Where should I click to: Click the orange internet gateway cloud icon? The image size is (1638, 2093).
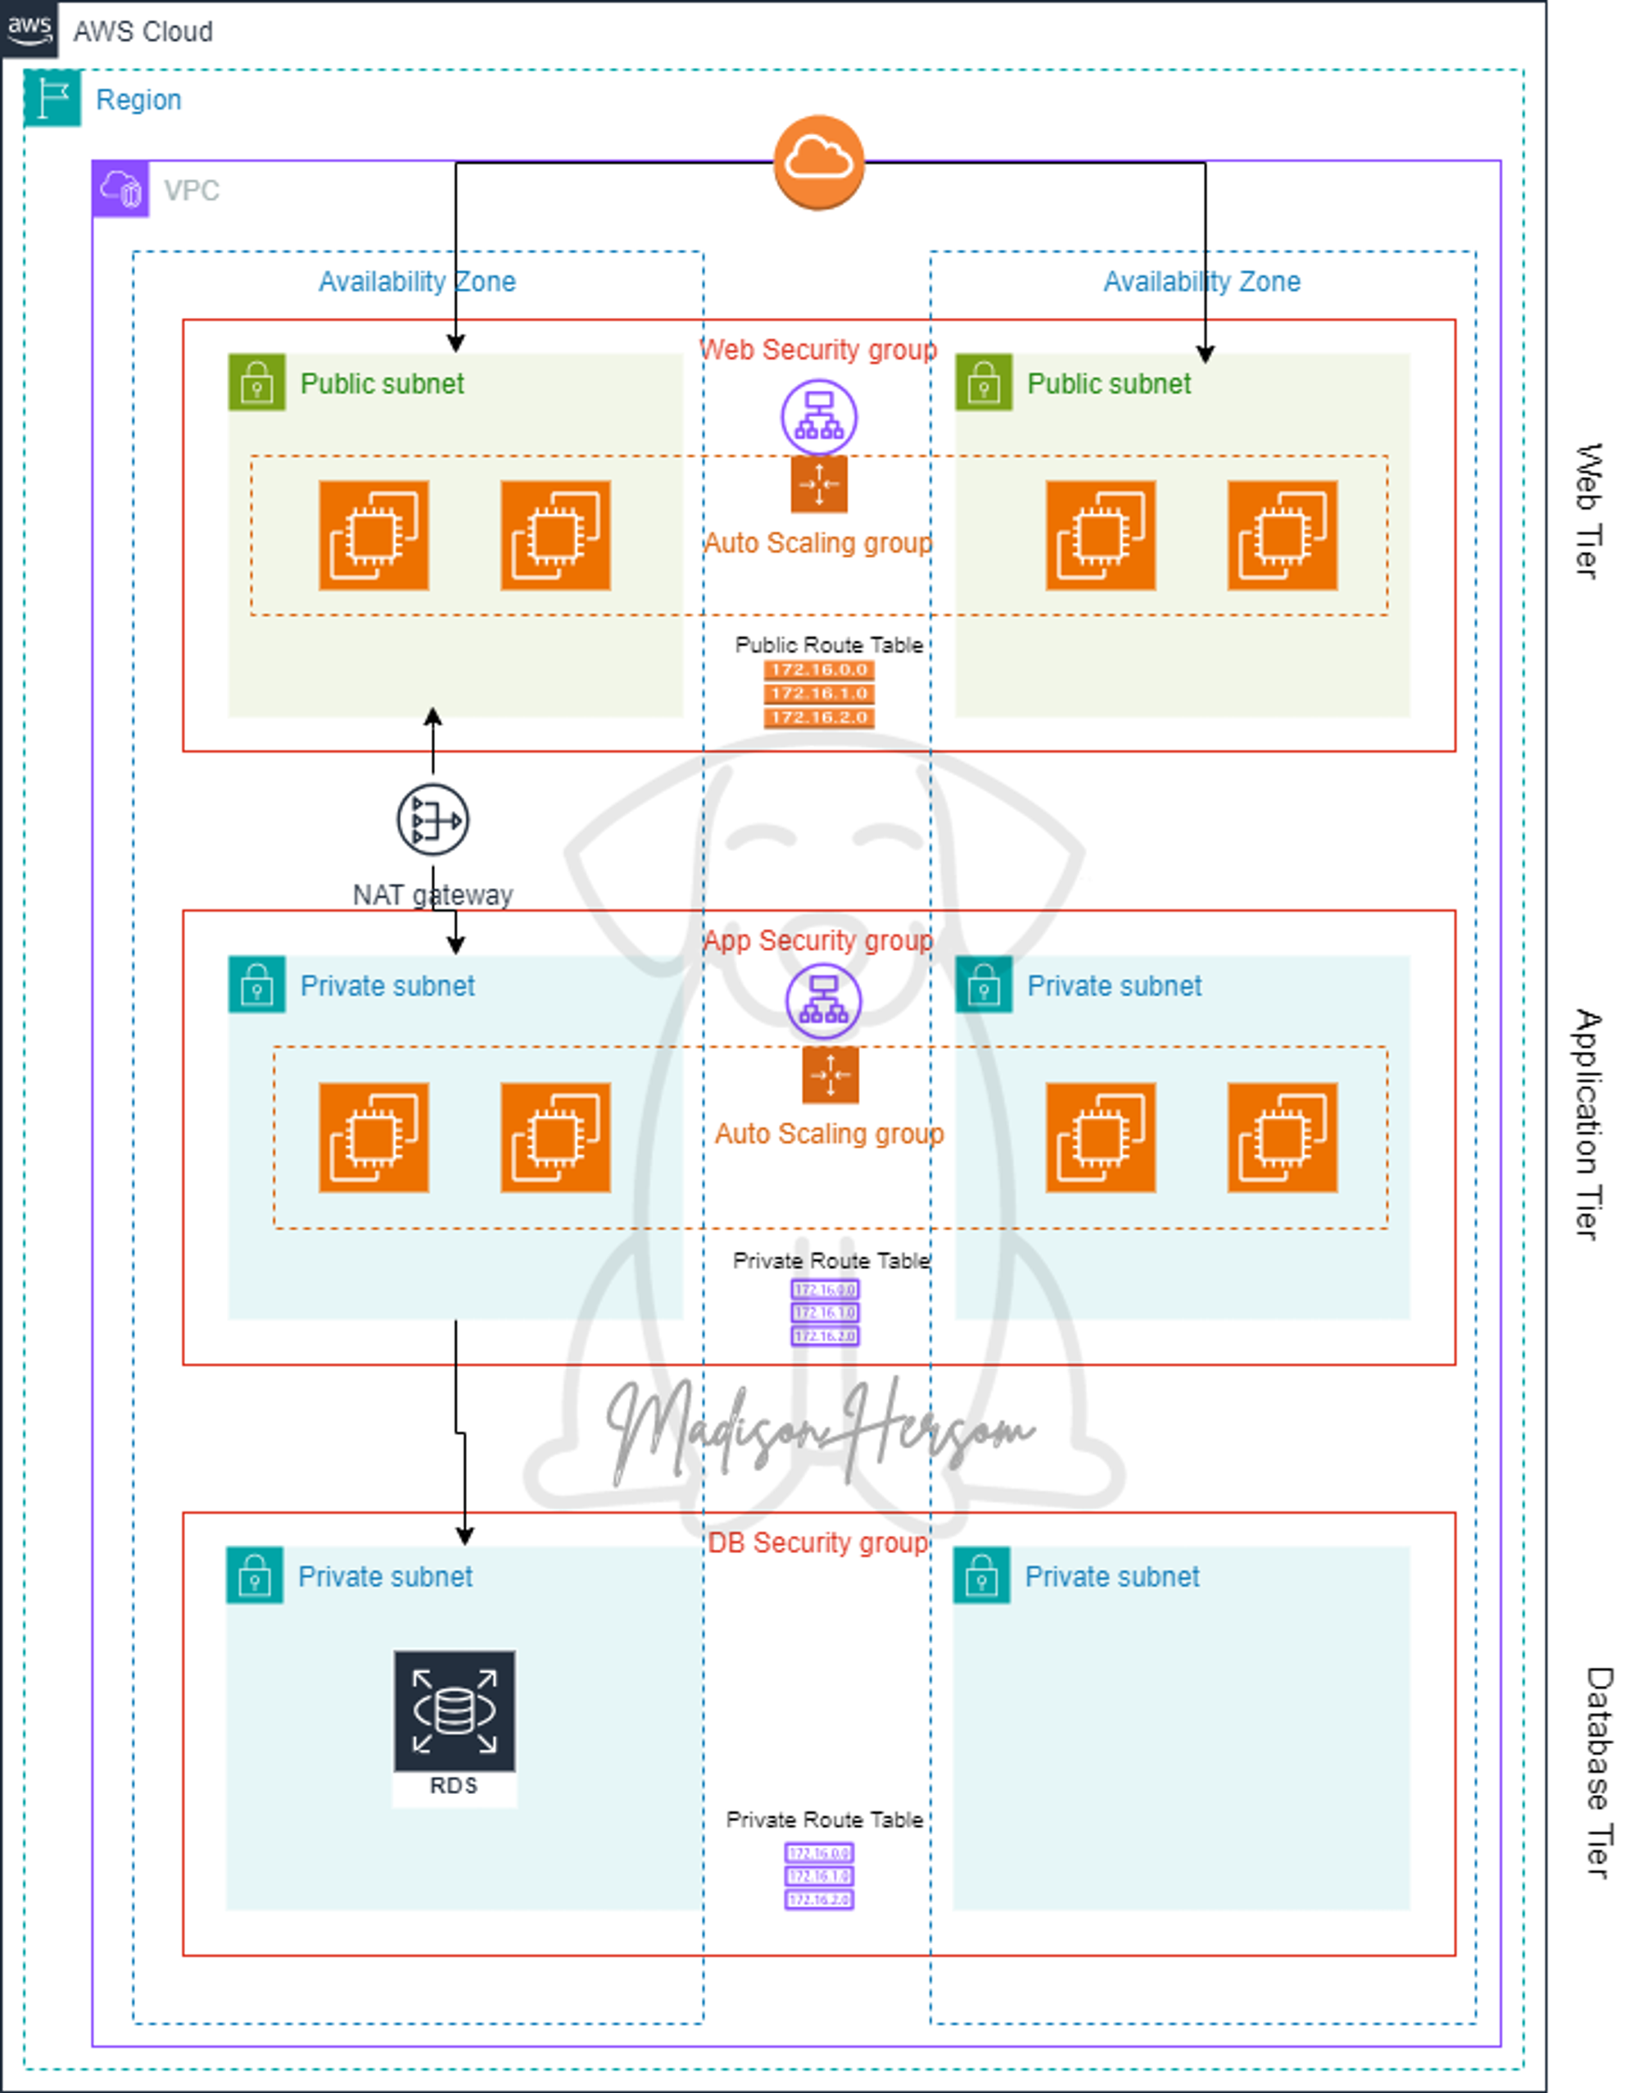coord(818,161)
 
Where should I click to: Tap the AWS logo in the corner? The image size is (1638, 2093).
coord(29,28)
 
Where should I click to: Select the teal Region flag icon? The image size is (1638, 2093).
coord(52,97)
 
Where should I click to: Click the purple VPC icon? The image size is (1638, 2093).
coord(121,189)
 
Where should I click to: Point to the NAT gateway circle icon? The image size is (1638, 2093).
coord(432,820)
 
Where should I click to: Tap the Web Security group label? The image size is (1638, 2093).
coord(818,350)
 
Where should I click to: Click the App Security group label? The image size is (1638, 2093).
coord(818,941)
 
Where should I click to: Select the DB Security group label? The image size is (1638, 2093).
coord(818,1543)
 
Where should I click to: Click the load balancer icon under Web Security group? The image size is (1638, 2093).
coord(818,416)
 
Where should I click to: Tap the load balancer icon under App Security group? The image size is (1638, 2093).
coord(823,1000)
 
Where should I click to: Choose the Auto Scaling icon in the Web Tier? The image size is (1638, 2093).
coord(818,484)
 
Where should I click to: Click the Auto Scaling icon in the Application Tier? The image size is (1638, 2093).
coord(830,1076)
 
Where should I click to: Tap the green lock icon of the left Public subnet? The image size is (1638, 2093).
coord(256,383)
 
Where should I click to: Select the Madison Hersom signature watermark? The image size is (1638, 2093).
coord(820,1429)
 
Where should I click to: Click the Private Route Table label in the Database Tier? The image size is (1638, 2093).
coord(824,1819)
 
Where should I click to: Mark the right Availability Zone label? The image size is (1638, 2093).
coord(1201,282)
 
